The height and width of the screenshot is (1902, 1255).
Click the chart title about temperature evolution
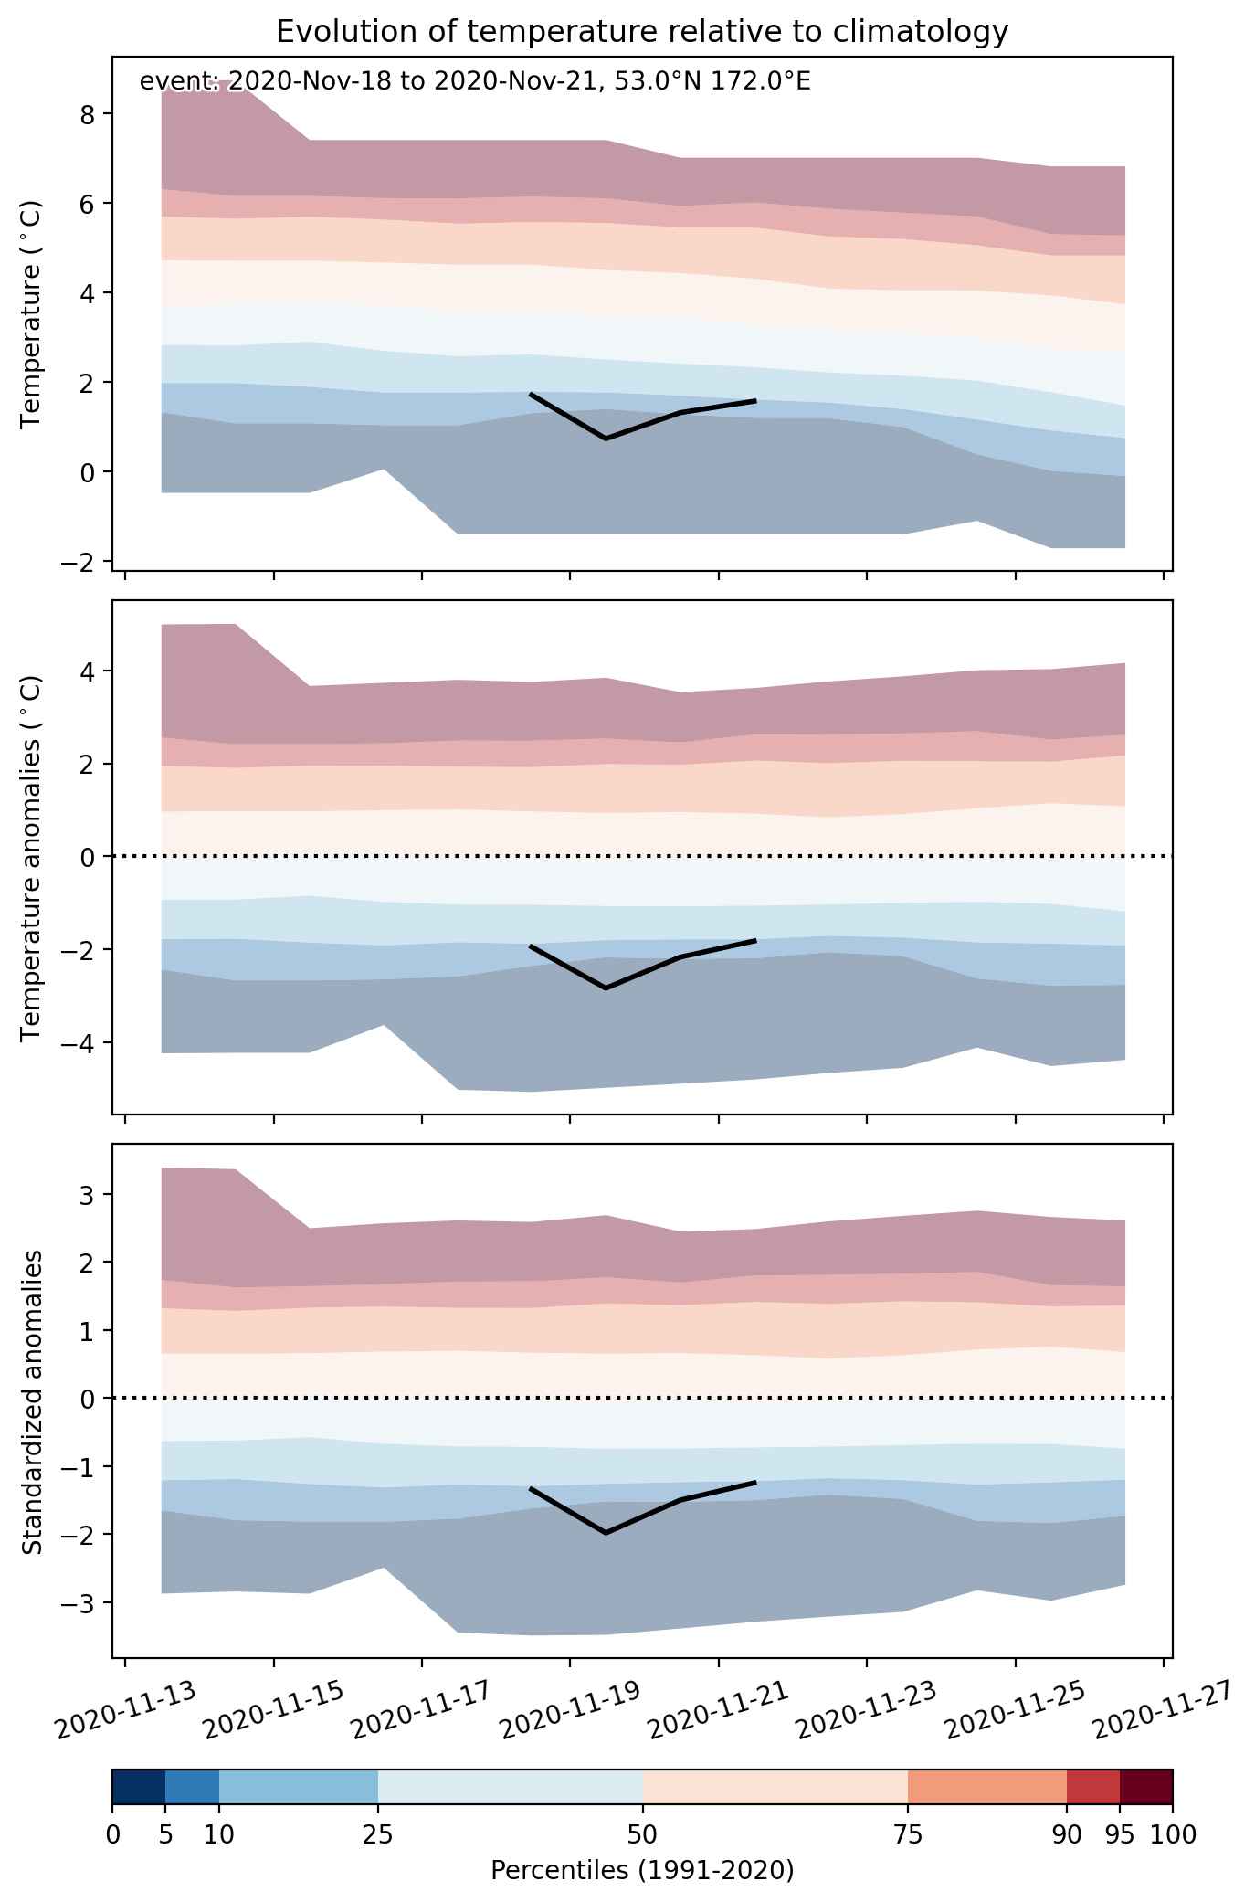642,32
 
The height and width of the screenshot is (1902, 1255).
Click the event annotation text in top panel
475,82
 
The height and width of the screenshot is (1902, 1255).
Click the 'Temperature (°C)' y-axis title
32,314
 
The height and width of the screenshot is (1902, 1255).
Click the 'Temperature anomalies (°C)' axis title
32,858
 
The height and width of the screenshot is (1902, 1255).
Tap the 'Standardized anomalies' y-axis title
32,1401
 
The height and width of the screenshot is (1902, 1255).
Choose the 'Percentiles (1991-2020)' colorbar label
642,1870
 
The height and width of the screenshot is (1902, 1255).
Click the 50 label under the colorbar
642,1834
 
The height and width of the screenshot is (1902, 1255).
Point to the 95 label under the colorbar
1120,1834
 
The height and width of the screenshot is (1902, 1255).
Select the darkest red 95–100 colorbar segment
1146,1786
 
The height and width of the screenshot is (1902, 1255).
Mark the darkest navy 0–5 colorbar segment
139,1786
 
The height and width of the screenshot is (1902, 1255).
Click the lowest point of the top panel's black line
606,439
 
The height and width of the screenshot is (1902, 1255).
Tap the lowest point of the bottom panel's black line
606,1532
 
